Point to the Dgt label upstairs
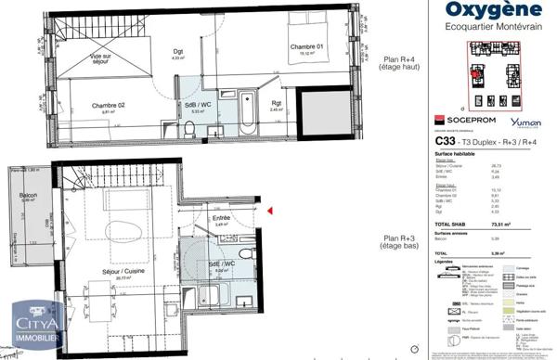(x=178, y=52)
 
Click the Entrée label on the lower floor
(x=220, y=219)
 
